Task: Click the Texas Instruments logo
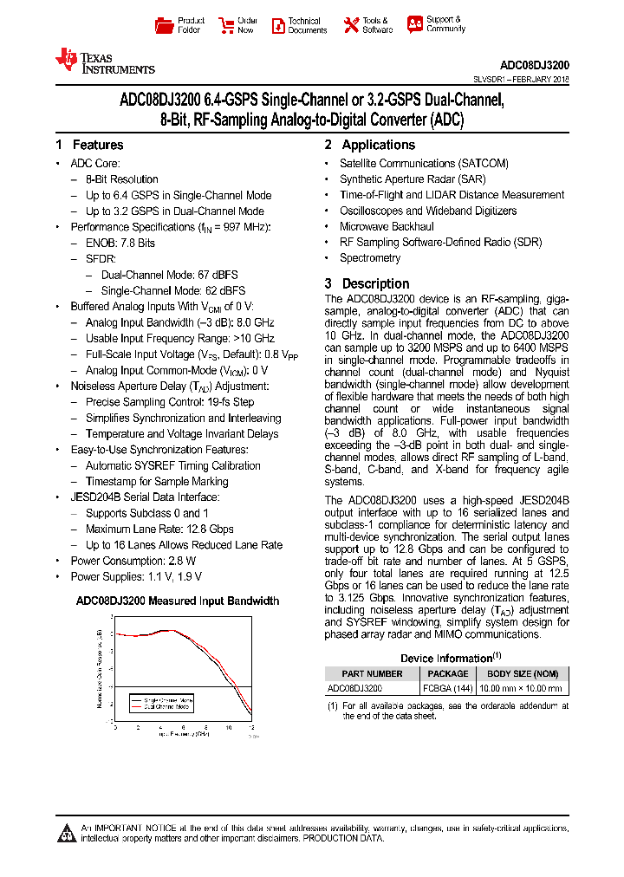(x=104, y=61)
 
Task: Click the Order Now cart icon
(x=225, y=25)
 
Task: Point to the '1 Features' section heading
(x=89, y=145)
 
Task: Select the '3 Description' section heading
(x=367, y=283)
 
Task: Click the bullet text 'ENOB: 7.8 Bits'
(x=120, y=243)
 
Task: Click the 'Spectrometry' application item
(x=370, y=258)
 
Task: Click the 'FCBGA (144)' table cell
(x=447, y=688)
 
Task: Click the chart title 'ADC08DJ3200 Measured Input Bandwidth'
(x=178, y=601)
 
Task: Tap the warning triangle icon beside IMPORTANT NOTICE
(x=67, y=834)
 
